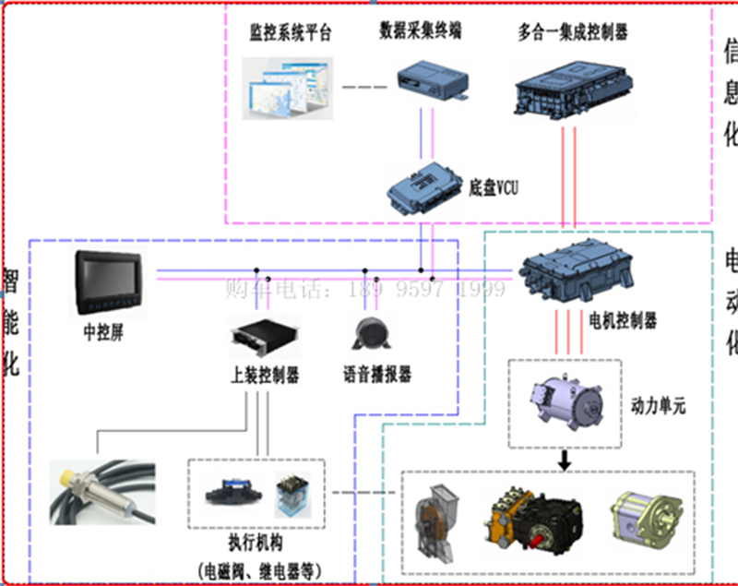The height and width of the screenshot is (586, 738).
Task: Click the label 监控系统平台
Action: pyautogui.click(x=290, y=34)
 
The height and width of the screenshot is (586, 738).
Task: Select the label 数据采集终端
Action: pyautogui.click(x=420, y=31)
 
